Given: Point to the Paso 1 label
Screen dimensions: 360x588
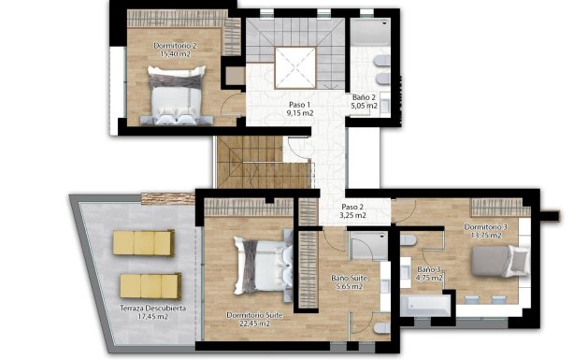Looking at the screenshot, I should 299,104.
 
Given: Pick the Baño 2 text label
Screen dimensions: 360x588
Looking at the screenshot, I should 364,97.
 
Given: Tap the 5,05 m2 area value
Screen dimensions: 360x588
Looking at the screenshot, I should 365,107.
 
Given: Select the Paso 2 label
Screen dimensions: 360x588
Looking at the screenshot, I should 351,207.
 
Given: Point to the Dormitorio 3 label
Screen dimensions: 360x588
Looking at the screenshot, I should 486,227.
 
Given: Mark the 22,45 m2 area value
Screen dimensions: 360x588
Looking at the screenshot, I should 256,325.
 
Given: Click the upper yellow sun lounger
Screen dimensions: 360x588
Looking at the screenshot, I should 144,243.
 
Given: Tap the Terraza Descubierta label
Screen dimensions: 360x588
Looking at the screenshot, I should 152,308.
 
